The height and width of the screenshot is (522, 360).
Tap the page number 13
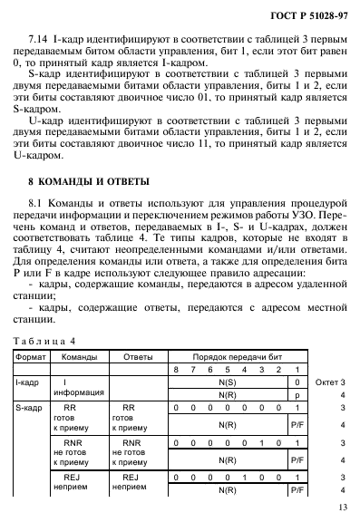tap(342, 508)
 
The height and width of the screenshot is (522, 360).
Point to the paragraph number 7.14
tap(39, 41)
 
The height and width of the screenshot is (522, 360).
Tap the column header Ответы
tap(137, 356)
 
